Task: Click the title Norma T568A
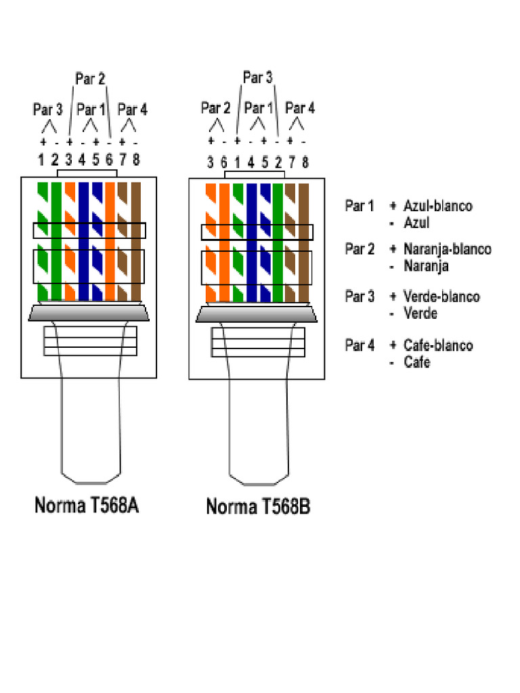pos(87,506)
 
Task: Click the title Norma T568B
pos(258,506)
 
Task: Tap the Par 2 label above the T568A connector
pos(90,79)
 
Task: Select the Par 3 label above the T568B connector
pos(257,78)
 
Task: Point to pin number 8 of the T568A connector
pos(136,160)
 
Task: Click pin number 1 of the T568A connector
pos(41,160)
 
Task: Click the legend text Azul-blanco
pos(437,206)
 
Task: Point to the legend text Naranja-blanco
pos(447,249)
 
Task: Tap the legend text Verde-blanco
pos(441,296)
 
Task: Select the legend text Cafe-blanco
pos(438,346)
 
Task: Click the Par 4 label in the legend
pos(360,346)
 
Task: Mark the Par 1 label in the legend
pos(360,206)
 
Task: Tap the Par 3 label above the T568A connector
pos(48,109)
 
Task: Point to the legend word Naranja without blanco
pos(426,266)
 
